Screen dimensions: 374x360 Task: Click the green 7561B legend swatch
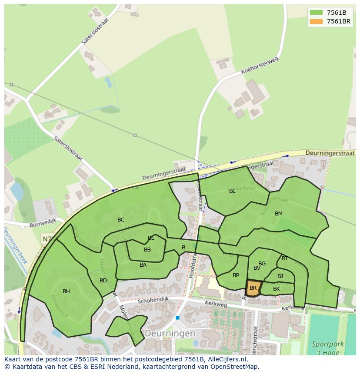316,13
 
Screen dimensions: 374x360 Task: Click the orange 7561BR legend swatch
316,21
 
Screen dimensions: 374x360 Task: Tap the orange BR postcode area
253,288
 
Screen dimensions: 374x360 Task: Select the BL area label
232,191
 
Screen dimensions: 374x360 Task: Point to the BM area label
279,213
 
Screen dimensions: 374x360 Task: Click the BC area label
121,219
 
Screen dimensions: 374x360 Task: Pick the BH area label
66,291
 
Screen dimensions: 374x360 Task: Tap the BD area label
103,280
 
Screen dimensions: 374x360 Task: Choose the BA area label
143,265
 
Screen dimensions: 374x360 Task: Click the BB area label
147,249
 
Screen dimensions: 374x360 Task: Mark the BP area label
236,275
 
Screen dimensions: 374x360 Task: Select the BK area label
277,288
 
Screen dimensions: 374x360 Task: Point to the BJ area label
280,276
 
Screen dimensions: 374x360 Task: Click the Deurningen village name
170,334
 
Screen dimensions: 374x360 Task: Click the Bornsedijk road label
43,225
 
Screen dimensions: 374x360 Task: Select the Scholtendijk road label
153,301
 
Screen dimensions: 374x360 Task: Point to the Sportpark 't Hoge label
328,348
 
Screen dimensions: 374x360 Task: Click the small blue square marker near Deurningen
177,318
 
